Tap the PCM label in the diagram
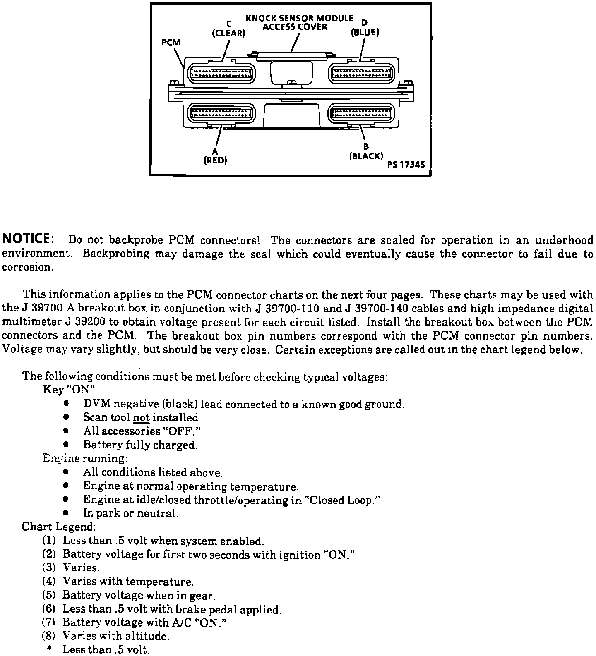click(171, 42)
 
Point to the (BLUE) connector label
click(365, 32)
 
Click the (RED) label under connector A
click(215, 160)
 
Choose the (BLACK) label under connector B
click(366, 156)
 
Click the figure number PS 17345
click(406, 164)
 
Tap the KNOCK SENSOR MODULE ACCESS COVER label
click(299, 23)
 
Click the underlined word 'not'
click(141, 418)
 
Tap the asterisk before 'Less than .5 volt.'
click(49, 649)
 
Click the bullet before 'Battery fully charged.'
click(65, 445)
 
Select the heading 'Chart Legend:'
click(59, 527)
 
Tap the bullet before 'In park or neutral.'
click(65, 513)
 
